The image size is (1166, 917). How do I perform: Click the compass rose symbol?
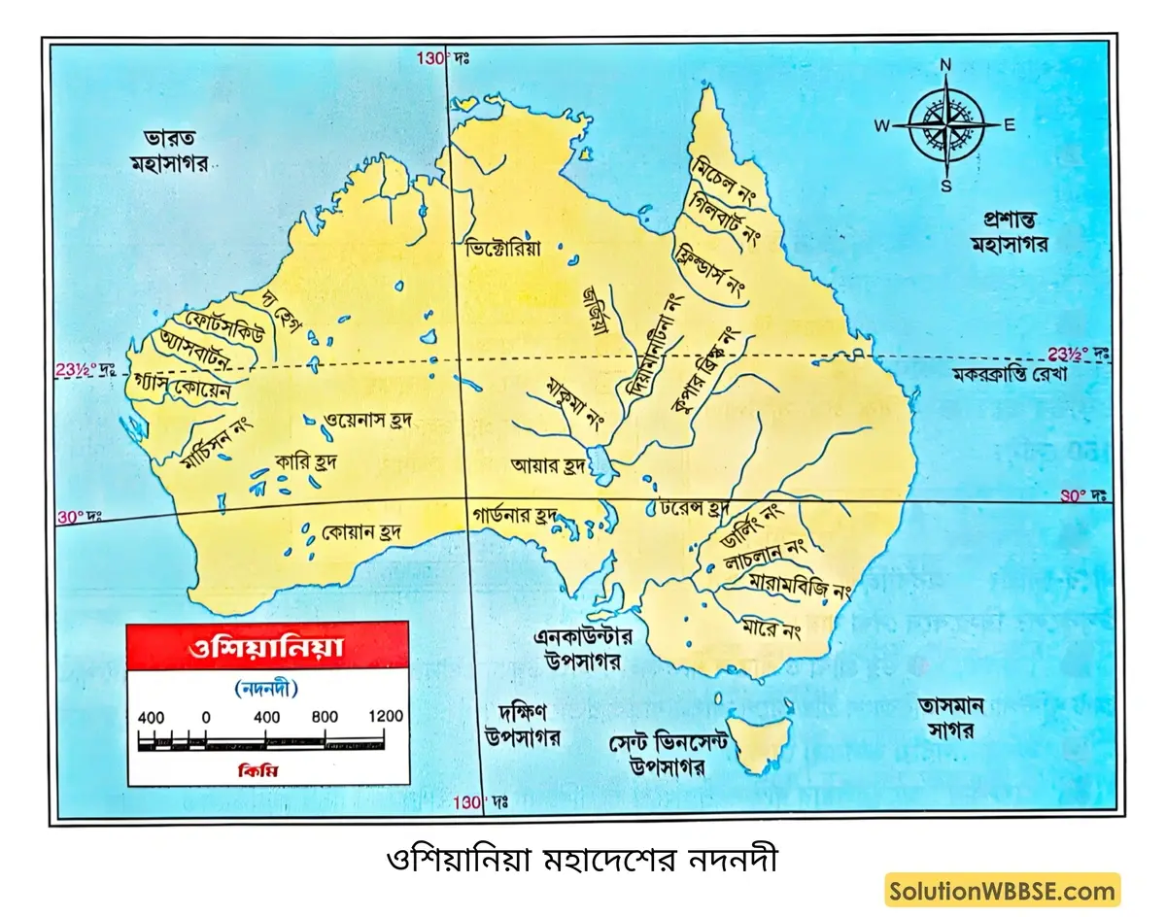point(945,124)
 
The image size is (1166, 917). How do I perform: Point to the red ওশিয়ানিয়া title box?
point(265,646)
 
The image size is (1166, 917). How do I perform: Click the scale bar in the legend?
point(262,743)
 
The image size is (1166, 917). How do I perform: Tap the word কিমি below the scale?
point(264,769)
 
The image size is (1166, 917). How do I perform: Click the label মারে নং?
point(770,630)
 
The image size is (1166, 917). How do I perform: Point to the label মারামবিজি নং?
point(800,585)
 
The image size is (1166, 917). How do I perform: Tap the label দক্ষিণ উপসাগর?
point(523,725)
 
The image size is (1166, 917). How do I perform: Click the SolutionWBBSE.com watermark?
point(1002,890)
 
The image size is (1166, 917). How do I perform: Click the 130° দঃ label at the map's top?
point(443,58)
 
